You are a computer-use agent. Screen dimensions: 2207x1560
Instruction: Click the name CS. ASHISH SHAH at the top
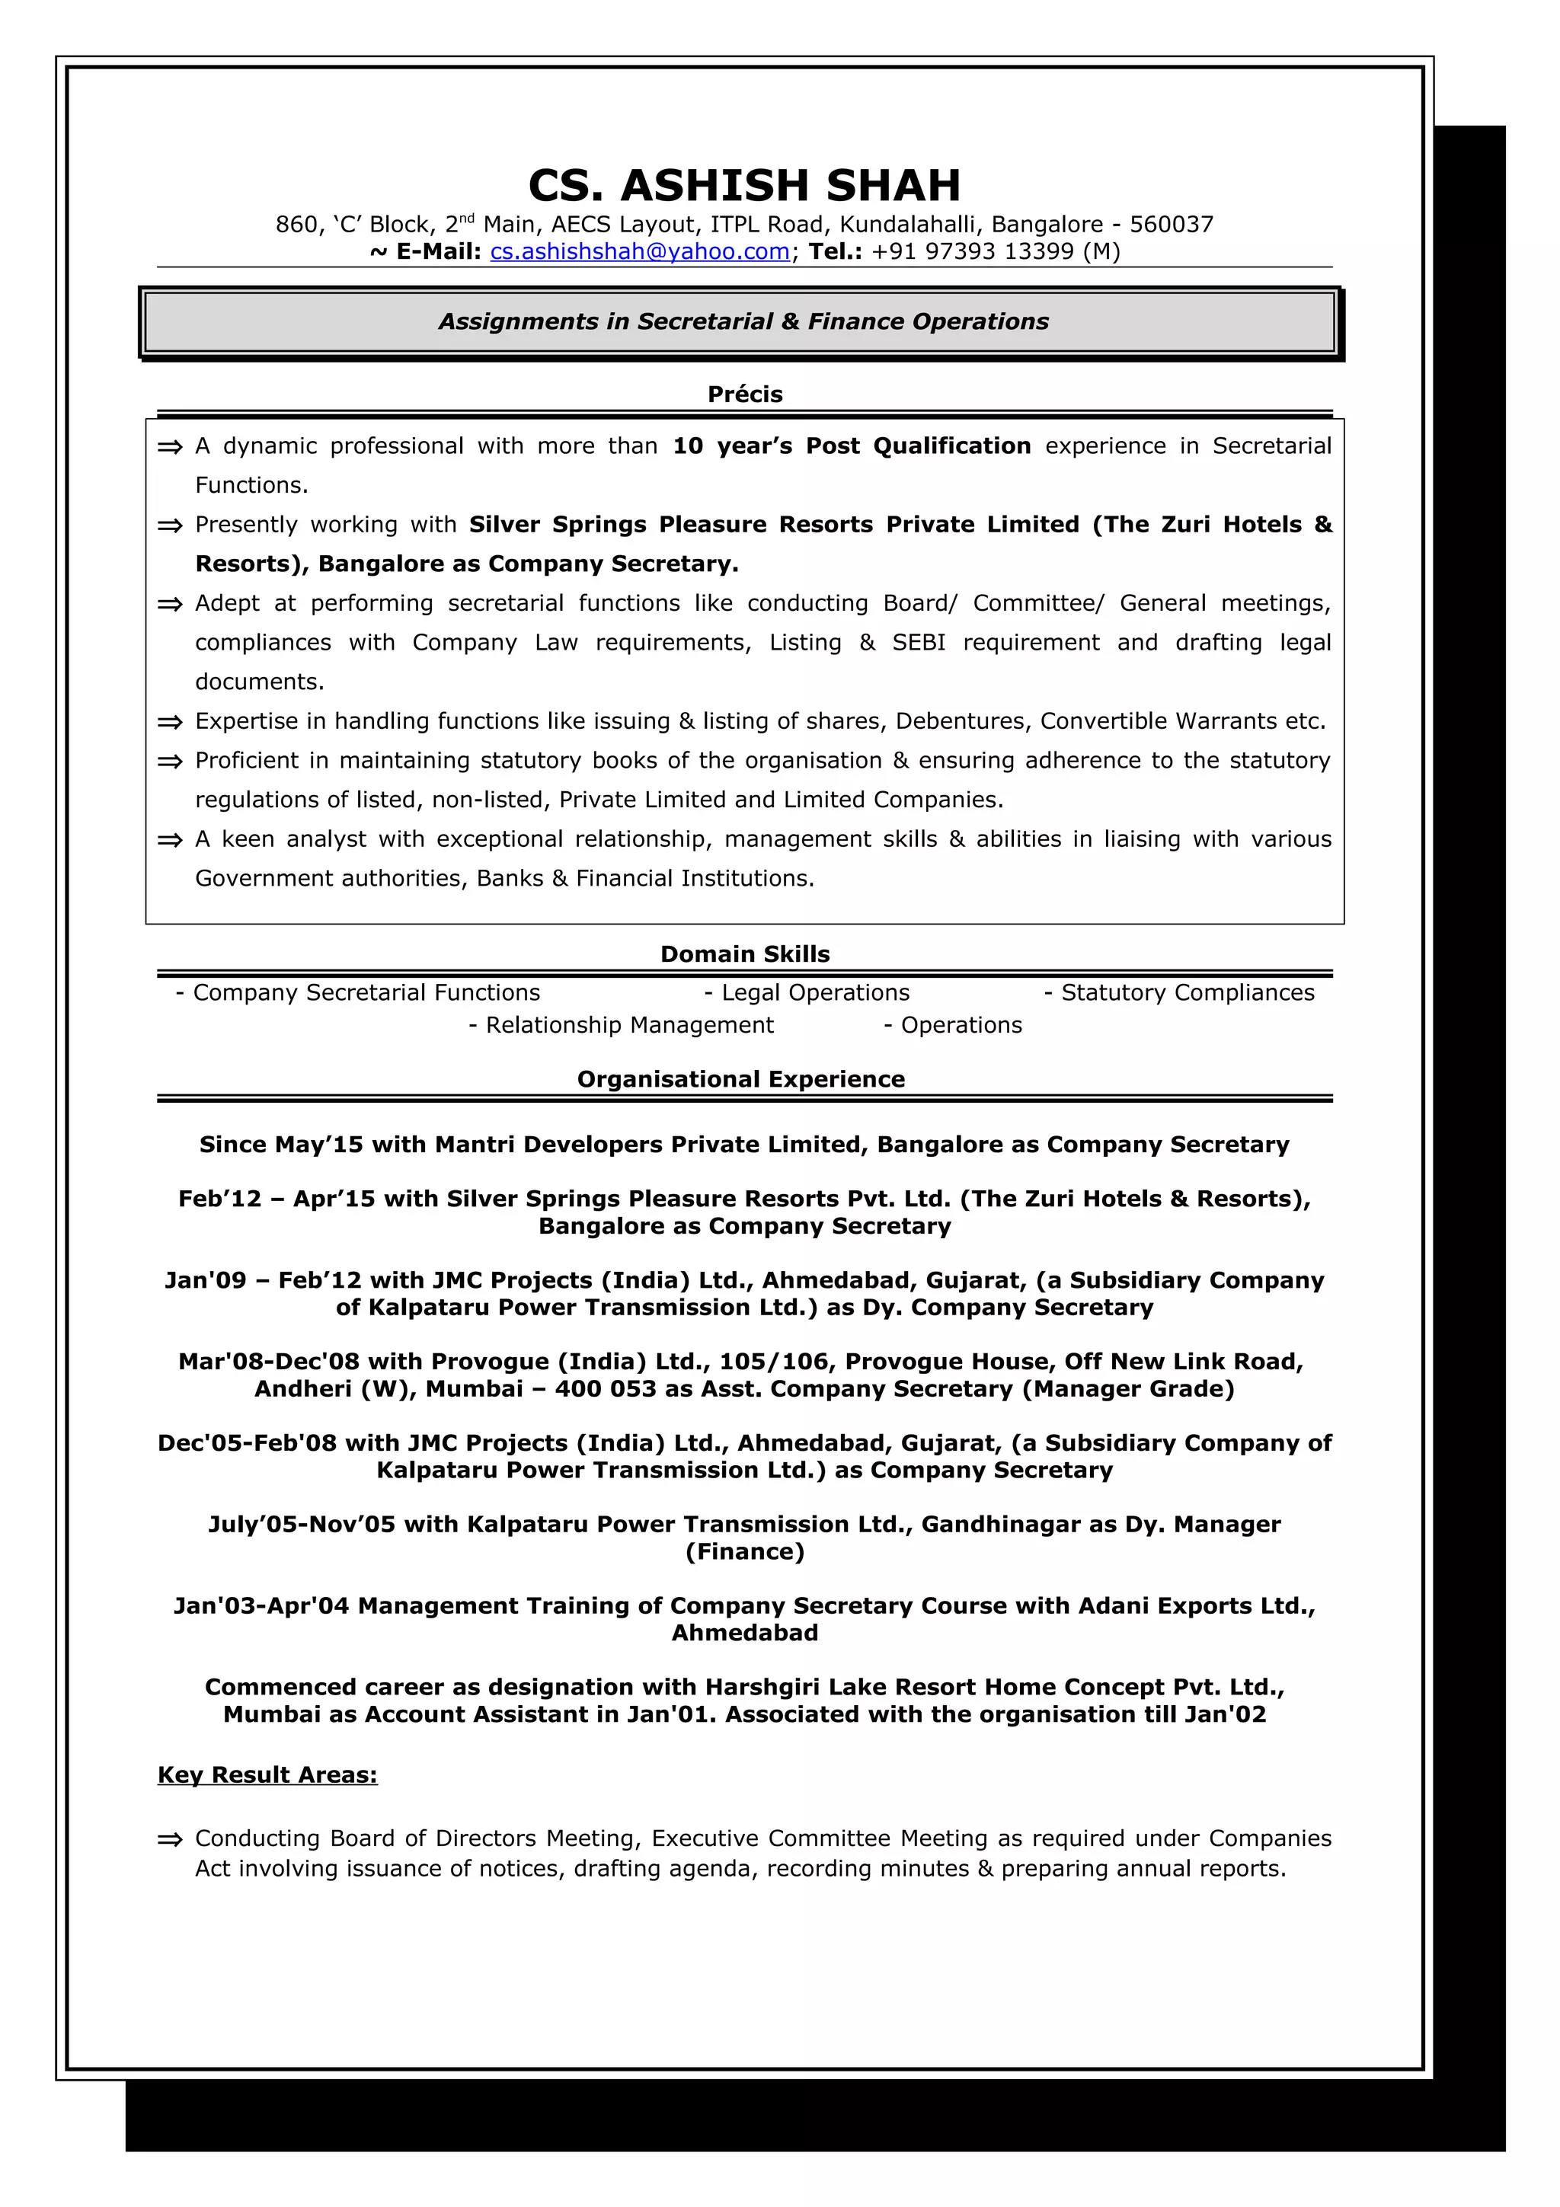[x=744, y=186]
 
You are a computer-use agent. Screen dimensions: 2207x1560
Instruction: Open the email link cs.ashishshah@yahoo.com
[x=639, y=252]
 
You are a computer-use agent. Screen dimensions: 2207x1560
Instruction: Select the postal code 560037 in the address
[x=1171, y=225]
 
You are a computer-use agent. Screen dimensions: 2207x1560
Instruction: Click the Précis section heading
[x=745, y=394]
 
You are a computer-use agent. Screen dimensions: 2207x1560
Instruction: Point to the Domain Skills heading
[x=745, y=953]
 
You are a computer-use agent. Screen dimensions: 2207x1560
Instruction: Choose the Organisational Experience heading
[x=740, y=1078]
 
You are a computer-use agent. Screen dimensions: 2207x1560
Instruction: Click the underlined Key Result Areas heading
[x=267, y=1774]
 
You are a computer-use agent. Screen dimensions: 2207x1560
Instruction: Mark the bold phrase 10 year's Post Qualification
[x=851, y=446]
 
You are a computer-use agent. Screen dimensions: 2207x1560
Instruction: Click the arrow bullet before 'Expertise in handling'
[x=170, y=722]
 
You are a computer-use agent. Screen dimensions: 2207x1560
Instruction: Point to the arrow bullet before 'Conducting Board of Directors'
[x=170, y=1839]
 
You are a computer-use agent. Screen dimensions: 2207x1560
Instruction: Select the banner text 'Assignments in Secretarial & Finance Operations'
[x=743, y=322]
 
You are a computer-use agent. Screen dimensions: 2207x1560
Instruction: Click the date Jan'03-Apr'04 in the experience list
[x=261, y=1605]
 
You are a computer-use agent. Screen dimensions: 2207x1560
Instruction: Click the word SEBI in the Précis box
[x=918, y=642]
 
